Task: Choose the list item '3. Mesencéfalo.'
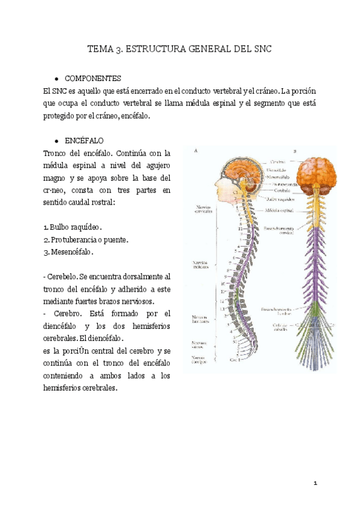click(69, 252)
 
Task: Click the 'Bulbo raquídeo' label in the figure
click(280, 197)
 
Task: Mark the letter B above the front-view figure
click(295, 151)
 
